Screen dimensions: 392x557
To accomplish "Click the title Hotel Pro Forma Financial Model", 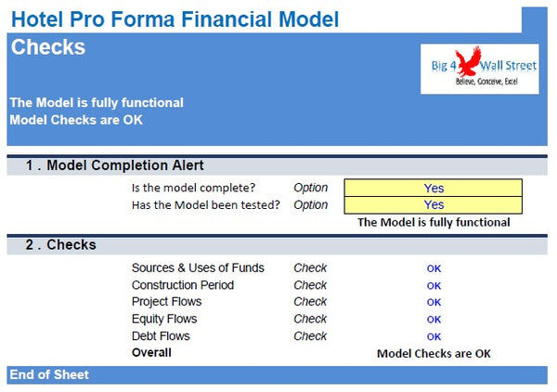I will click(x=175, y=18).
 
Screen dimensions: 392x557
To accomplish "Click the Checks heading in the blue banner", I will click(x=48, y=47).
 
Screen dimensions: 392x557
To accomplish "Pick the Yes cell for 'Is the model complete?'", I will click(x=434, y=189).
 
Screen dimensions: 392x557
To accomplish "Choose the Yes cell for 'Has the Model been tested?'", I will click(x=434, y=205).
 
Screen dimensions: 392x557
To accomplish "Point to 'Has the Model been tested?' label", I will click(x=205, y=205).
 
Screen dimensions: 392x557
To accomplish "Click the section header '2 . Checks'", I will click(x=60, y=245).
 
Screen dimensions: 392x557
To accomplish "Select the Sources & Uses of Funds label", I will click(x=198, y=268).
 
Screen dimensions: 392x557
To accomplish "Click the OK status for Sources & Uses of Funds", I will click(x=434, y=269).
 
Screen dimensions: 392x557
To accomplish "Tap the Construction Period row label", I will click(x=183, y=285).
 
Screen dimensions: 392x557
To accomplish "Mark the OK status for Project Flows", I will click(x=434, y=303).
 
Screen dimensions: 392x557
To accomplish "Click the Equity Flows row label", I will click(x=164, y=320).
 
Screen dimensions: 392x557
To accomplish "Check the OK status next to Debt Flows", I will click(x=434, y=337).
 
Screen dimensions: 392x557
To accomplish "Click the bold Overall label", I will click(x=151, y=353).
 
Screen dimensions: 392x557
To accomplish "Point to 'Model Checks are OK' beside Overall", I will click(x=434, y=354).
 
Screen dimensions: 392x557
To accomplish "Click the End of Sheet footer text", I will click(x=49, y=374).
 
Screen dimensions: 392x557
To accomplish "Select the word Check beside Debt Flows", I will click(x=310, y=336).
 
